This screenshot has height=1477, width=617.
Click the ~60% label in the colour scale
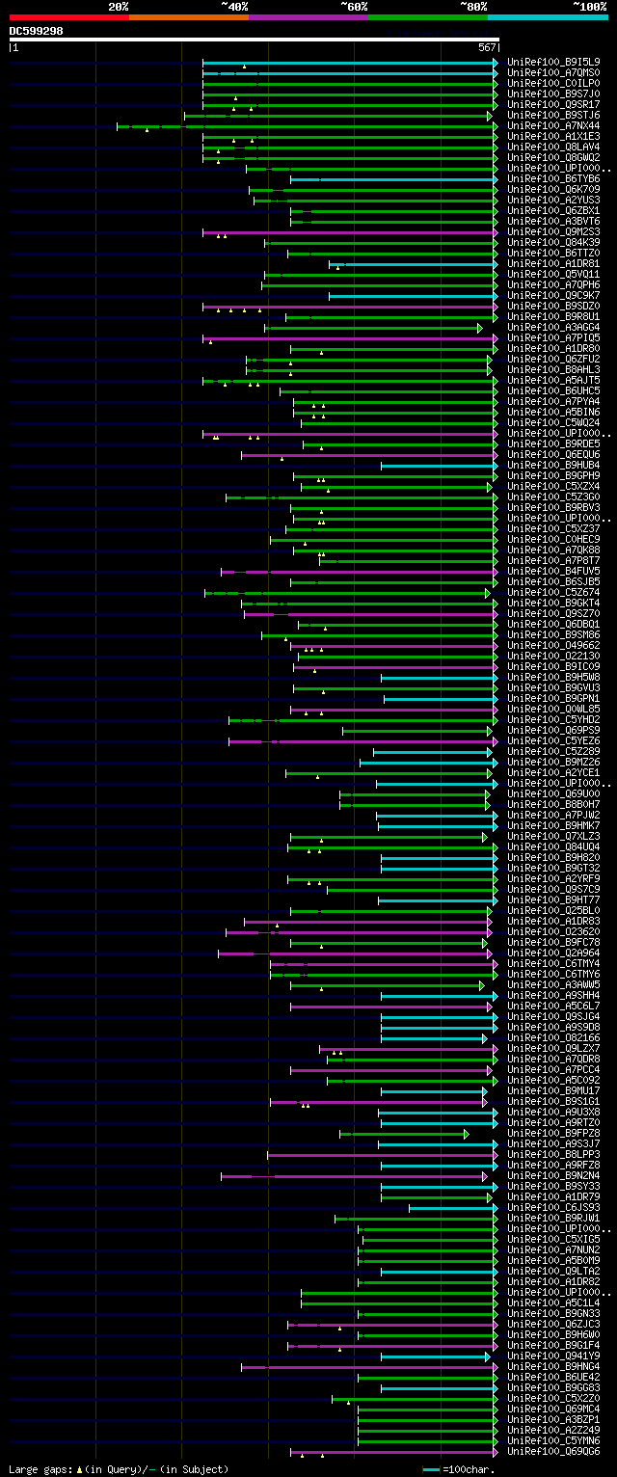[x=354, y=7]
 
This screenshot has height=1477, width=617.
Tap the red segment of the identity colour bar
[x=68, y=17]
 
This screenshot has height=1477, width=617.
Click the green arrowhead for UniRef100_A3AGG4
[x=479, y=328]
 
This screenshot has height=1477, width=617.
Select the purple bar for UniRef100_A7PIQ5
[x=347, y=338]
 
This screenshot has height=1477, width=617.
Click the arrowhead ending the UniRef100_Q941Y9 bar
[x=488, y=1356]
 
